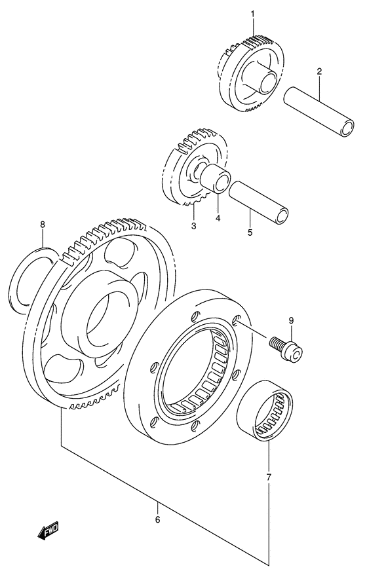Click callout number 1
coord(251,14)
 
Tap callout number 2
coord(319,71)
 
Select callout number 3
coord(194,226)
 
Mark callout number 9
coord(292,321)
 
